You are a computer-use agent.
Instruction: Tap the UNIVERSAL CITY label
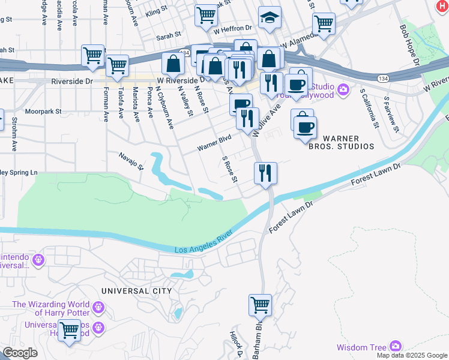click(x=136, y=291)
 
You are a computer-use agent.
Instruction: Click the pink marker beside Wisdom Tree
click(x=395, y=346)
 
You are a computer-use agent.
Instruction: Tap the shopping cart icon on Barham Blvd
click(x=260, y=305)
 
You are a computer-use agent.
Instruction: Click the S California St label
click(x=369, y=109)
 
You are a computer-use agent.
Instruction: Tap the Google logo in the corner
click(x=20, y=353)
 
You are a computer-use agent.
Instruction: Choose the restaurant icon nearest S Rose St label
click(x=265, y=173)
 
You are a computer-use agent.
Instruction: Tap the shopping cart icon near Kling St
click(x=206, y=14)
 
